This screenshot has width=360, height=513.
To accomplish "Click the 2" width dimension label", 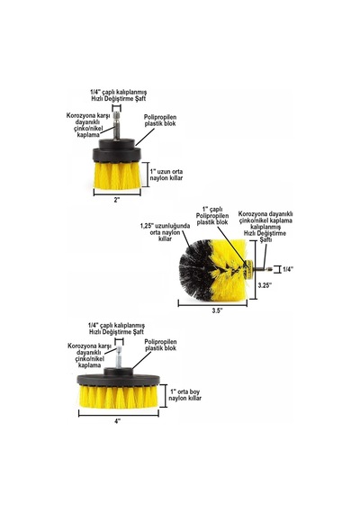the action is [117, 200].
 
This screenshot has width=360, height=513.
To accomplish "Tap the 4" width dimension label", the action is [118, 421].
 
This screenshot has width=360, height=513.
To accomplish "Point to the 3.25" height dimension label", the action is [265, 285].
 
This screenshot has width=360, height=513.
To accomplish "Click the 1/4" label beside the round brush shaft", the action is [288, 269].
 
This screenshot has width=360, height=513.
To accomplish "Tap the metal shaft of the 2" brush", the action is [117, 126].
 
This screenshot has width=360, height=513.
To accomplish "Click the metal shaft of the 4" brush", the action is [119, 357].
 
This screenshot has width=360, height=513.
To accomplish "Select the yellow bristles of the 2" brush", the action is [117, 175].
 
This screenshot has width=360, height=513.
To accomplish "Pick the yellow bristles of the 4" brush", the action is [119, 397].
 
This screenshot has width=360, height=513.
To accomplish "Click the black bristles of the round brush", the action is [193, 268].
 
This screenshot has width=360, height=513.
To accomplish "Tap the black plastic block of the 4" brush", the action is [119, 377].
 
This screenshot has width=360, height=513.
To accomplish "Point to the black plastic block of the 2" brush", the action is [117, 151].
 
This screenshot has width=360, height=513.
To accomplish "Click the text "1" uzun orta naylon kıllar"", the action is [166, 175].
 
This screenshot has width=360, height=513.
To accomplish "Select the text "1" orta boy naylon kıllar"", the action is [184, 395].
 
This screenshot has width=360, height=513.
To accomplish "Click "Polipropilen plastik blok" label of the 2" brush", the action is [160, 120].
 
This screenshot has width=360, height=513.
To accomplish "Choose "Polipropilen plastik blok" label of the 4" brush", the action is [161, 345].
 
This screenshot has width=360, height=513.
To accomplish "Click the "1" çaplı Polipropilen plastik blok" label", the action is [211, 215].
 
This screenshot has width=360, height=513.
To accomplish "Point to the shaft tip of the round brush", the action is [271, 269].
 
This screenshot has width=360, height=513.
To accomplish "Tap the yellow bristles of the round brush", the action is [230, 269].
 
